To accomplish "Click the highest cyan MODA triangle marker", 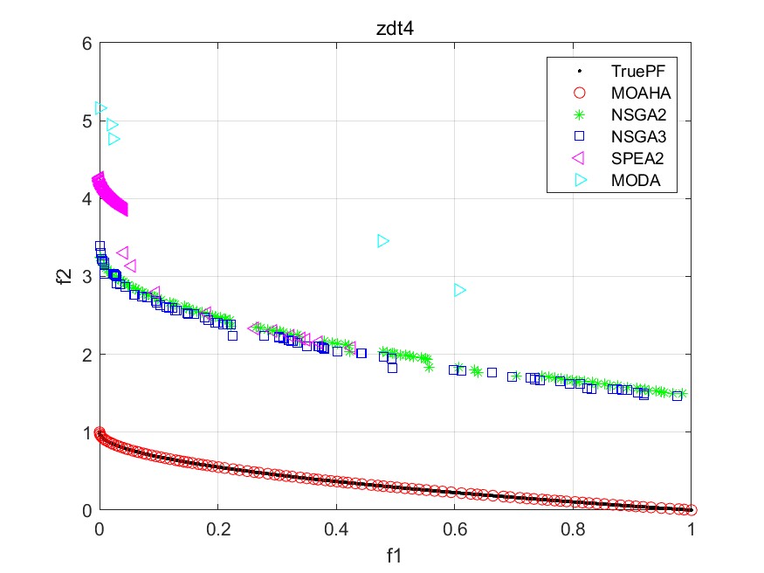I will point(100,109).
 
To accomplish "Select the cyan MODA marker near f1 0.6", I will point(460,290).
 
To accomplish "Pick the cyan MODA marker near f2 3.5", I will point(382,241).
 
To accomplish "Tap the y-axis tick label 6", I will point(86,44).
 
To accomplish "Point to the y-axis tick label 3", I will point(86,277).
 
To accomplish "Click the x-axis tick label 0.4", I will point(336,528).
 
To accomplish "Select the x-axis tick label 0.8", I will point(573,528).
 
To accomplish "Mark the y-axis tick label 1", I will point(86,432).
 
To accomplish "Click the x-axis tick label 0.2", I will point(217,528).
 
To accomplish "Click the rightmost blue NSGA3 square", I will point(677,396).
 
